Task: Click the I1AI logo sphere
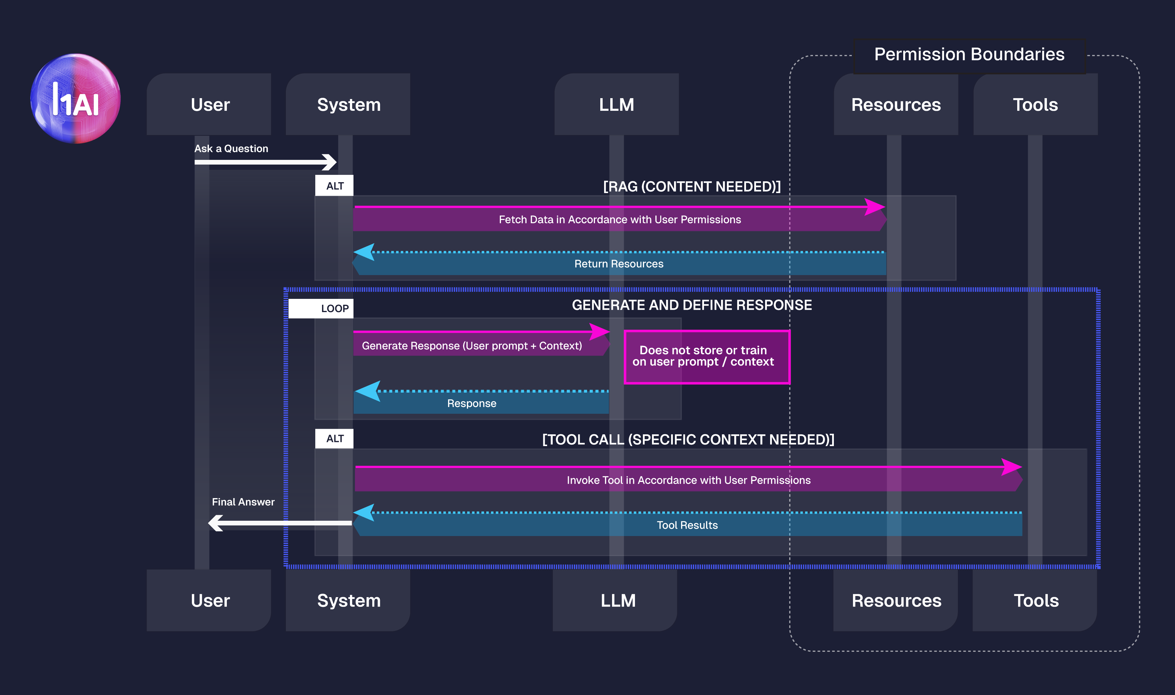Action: [x=76, y=98]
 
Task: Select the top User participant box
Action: [x=209, y=104]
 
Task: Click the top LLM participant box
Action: [x=616, y=104]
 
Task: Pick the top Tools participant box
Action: [x=1035, y=104]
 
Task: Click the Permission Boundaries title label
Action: [x=969, y=54]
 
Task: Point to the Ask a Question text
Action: [x=231, y=148]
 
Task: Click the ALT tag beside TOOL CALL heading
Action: [x=334, y=438]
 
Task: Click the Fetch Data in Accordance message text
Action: [x=619, y=219]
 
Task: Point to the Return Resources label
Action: [x=618, y=264]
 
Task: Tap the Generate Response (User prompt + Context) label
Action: [x=471, y=346]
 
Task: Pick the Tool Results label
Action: [x=687, y=525]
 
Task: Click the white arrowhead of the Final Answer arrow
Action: [x=215, y=523]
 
